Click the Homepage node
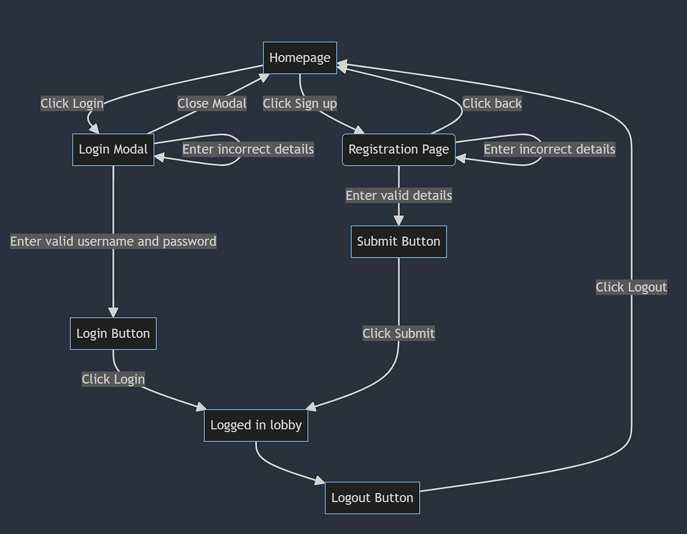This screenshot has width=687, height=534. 300,58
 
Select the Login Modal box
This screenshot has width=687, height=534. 113,150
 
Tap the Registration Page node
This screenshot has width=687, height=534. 398,150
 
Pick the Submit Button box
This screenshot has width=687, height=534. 398,242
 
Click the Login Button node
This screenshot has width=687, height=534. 113,334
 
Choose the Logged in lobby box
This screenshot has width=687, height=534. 256,425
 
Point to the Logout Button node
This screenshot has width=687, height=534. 372,498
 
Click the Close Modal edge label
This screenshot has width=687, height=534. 212,104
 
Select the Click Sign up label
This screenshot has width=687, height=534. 300,104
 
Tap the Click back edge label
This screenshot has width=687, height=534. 492,104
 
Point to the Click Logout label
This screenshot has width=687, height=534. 631,287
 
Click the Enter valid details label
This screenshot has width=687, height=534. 398,196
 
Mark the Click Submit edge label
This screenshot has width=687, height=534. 398,333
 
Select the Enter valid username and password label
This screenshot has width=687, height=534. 113,242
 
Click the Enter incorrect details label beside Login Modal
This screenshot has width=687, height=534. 248,149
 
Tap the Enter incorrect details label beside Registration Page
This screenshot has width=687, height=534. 550,149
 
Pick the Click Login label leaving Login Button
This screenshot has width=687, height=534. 113,379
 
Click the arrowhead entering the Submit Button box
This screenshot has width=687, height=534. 398,221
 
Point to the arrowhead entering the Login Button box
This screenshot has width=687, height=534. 113,313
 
